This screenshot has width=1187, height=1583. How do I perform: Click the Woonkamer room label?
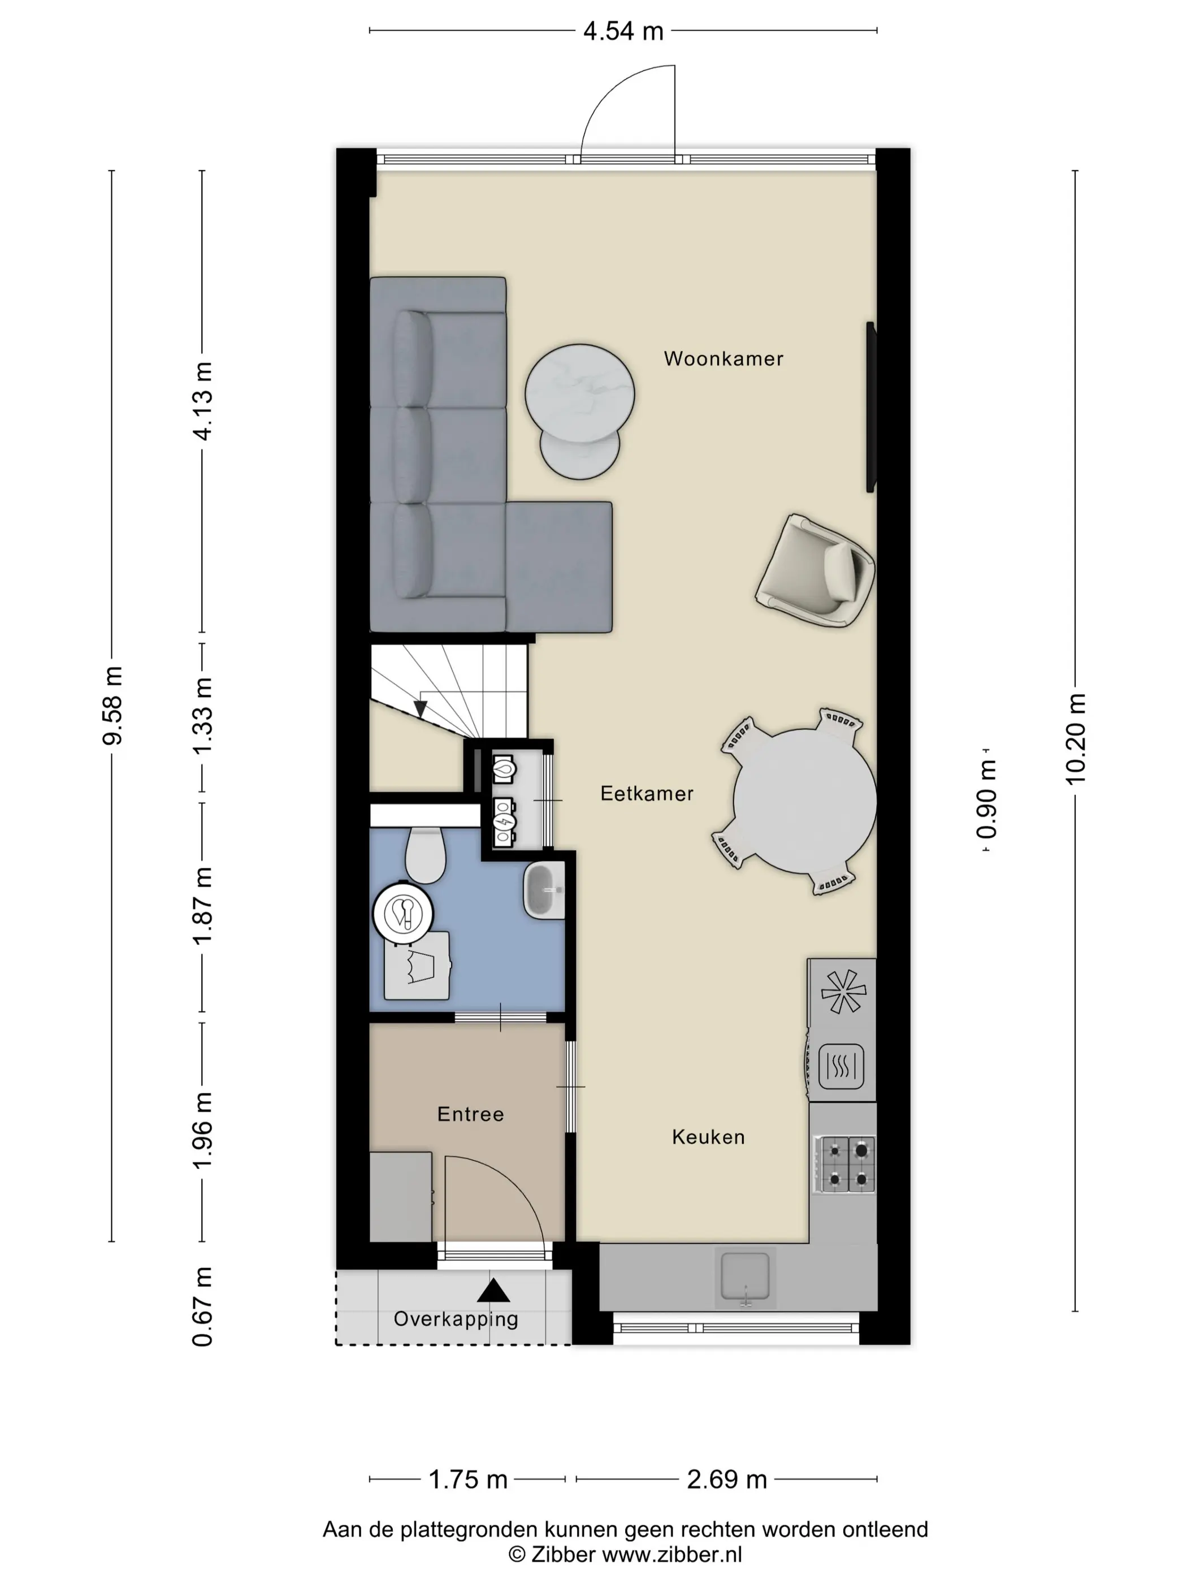click(x=724, y=358)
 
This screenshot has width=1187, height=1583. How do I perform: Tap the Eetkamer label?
click(x=647, y=794)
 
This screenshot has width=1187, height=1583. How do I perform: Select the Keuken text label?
click(x=708, y=1137)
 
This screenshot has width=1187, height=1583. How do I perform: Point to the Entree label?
click(x=470, y=1114)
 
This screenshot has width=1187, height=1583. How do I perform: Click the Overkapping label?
click(x=456, y=1319)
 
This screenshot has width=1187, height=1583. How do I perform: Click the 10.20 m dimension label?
click(x=1076, y=738)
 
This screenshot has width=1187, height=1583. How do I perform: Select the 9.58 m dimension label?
click(x=112, y=705)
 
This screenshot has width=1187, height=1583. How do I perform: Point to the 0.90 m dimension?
click(x=987, y=800)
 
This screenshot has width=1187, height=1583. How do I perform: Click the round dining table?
click(x=805, y=801)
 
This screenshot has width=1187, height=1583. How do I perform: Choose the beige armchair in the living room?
click(x=815, y=570)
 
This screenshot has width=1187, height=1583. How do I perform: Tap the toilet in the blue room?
click(x=425, y=855)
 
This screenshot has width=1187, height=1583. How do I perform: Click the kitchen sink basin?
click(x=745, y=1274)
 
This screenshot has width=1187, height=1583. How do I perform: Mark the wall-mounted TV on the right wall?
click(x=871, y=407)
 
